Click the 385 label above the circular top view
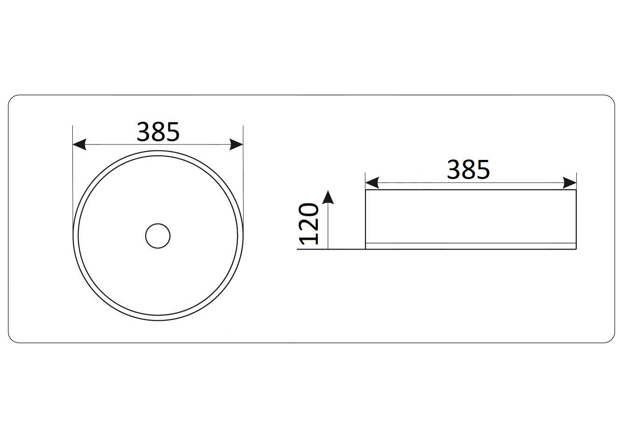point(158,131)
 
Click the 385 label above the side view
point(468,169)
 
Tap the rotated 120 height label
point(308,224)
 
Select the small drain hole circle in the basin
point(158,236)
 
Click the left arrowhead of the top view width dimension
point(79,144)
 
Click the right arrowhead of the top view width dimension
point(237,144)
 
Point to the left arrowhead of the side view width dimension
point(372,183)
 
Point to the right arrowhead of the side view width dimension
point(570,183)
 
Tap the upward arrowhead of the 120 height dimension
point(328,197)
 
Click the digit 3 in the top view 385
point(143,131)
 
